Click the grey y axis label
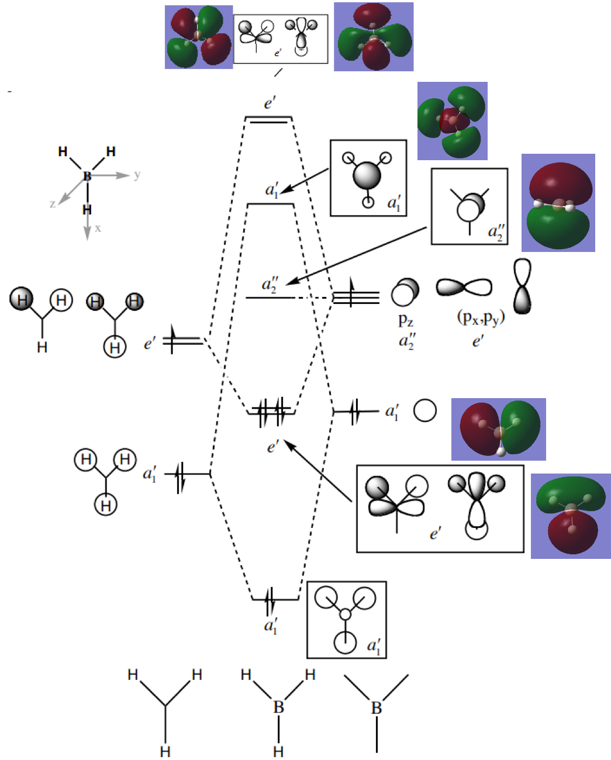click(x=137, y=175)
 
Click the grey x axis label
click(x=98, y=228)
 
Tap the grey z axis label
click(x=53, y=203)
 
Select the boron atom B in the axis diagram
click(x=87, y=176)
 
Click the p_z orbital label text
click(x=406, y=320)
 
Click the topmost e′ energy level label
click(x=270, y=104)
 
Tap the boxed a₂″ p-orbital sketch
click(x=469, y=206)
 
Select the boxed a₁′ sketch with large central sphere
click(x=368, y=178)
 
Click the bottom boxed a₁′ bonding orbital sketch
click(x=346, y=620)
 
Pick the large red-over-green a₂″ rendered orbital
click(x=558, y=203)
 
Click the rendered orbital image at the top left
click(x=198, y=37)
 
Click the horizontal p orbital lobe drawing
click(x=464, y=287)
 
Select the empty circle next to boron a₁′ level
click(x=425, y=410)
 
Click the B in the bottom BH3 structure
click(x=278, y=707)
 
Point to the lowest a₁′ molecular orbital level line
click(x=275, y=599)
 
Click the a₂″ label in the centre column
click(x=270, y=285)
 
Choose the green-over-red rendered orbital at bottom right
click(x=571, y=516)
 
